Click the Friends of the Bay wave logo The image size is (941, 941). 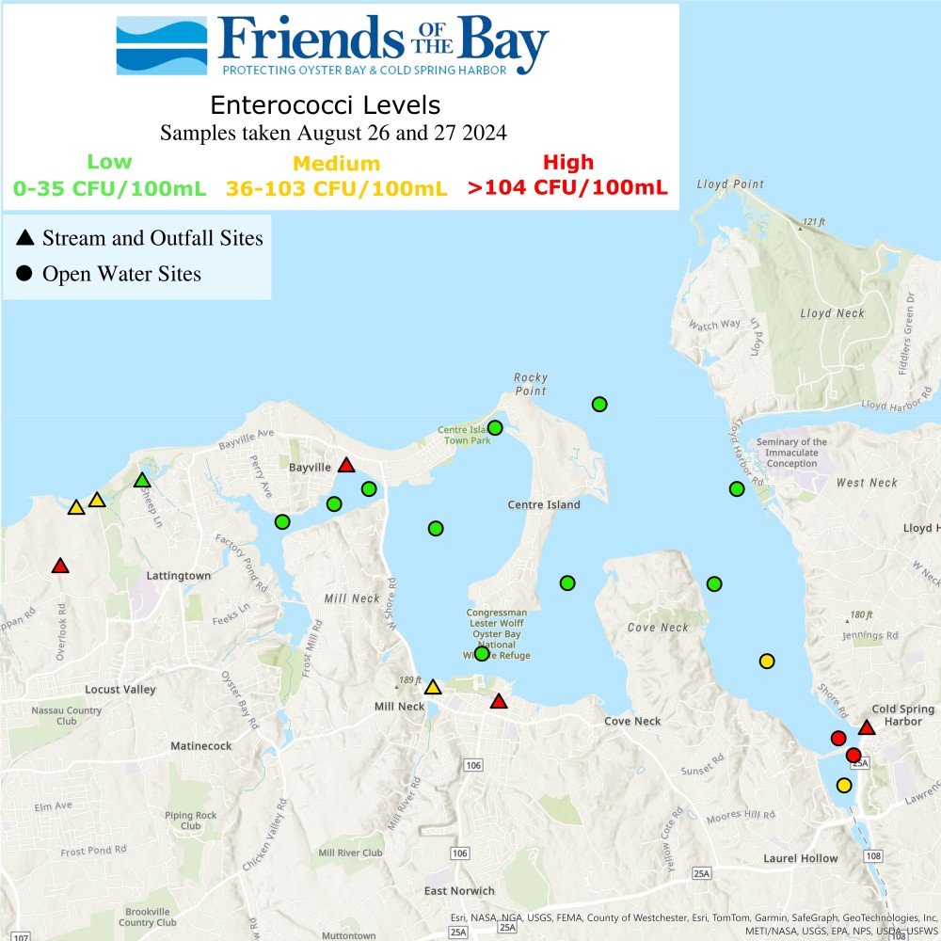161,45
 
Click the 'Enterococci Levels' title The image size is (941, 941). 325,104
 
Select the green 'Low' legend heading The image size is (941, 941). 109,162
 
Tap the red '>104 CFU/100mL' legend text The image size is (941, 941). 567,187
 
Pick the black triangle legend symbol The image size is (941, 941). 25,238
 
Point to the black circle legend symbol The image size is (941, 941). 25,275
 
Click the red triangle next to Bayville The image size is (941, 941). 346,465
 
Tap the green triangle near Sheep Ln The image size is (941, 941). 142,481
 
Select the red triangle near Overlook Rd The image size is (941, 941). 60,566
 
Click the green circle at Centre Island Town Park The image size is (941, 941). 495,428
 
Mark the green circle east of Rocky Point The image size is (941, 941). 599,405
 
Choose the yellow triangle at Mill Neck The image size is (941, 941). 433,688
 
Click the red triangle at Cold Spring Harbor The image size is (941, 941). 867,727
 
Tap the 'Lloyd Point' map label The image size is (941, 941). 730,184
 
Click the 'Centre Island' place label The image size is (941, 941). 544,505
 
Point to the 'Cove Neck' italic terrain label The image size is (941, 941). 658,628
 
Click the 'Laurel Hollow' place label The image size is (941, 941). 800,858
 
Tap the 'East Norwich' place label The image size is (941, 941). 459,891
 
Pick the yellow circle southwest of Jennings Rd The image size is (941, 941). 767,661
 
